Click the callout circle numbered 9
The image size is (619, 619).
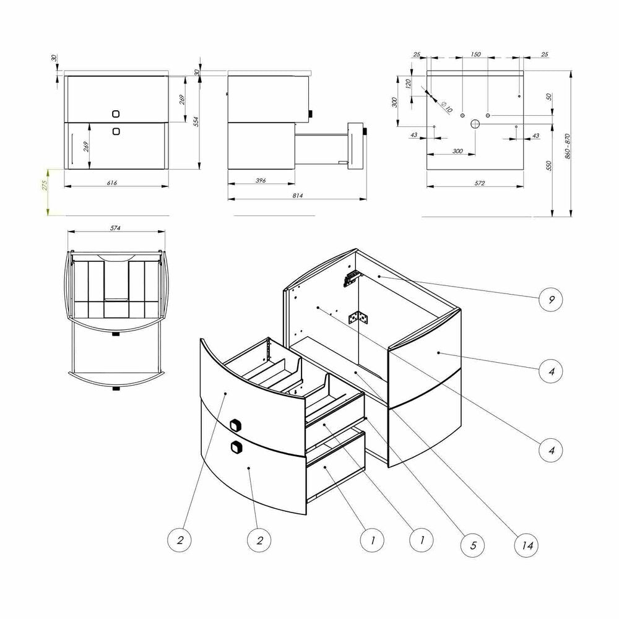[551, 300]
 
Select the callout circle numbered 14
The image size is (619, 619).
[527, 545]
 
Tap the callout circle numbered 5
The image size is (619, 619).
[473, 545]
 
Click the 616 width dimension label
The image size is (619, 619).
[111, 183]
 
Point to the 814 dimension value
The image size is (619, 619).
[298, 196]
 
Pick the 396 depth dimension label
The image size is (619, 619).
[261, 180]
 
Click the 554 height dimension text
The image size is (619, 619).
[196, 121]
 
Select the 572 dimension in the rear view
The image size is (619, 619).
[479, 183]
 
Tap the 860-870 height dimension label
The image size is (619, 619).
[568, 146]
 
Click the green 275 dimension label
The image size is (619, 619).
[45, 185]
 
